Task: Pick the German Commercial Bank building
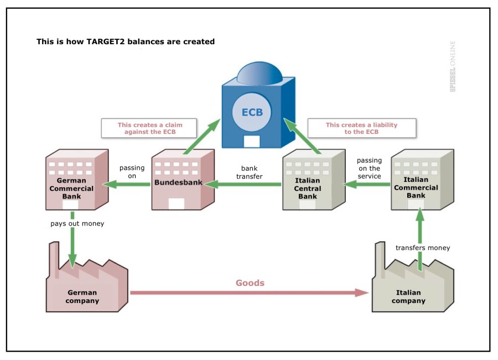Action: [76, 182]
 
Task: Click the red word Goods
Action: [250, 283]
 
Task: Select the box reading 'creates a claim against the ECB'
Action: [150, 128]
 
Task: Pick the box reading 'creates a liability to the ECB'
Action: [361, 128]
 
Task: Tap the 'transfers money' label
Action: [423, 248]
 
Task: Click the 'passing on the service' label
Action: [369, 168]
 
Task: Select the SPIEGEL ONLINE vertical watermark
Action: [453, 66]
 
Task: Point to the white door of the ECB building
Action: [252, 140]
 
